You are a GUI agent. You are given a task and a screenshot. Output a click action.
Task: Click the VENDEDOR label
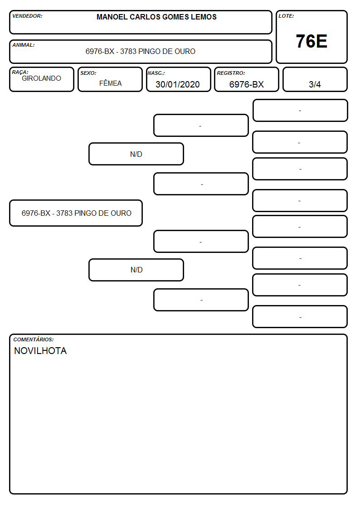coord(27,16)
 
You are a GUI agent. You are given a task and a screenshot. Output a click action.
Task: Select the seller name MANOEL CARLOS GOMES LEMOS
coord(156,17)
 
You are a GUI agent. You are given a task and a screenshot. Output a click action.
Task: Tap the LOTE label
coord(286,16)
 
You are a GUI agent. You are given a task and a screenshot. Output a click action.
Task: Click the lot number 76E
coord(311,41)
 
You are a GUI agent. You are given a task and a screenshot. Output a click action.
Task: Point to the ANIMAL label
coord(24,45)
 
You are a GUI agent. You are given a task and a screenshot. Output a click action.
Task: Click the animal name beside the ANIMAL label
coord(140,51)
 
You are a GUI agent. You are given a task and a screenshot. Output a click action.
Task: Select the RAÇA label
coord(20,72)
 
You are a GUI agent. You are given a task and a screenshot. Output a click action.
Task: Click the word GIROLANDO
coord(41,78)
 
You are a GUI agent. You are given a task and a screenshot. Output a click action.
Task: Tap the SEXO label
coord(88,73)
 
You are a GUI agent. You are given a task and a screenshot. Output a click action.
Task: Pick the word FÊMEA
coord(110,83)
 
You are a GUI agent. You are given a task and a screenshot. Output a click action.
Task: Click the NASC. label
coord(156,73)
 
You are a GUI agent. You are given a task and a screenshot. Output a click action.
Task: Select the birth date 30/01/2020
coord(178,84)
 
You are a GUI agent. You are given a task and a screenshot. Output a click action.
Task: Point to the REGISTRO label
coord(231,73)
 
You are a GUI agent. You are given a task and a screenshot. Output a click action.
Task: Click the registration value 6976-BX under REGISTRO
coord(246,84)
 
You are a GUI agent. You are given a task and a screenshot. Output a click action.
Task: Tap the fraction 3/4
coord(315,84)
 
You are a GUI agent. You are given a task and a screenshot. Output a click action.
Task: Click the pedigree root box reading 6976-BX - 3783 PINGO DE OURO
coord(76,213)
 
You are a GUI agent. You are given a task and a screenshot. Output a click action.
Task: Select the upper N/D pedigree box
coord(136,154)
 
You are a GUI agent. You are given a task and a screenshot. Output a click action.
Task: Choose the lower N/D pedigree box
coord(136,270)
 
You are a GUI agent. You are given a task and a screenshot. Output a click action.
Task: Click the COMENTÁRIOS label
coord(34,339)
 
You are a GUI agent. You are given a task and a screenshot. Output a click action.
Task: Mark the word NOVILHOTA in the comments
coord(40,351)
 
